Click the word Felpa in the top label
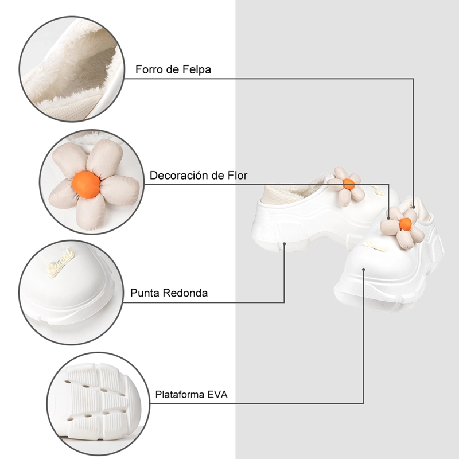click(x=196, y=69)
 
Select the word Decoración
click(x=178, y=176)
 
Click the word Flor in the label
click(x=238, y=176)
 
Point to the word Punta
click(x=145, y=293)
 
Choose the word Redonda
click(x=185, y=293)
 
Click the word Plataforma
click(x=180, y=394)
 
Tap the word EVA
click(x=217, y=394)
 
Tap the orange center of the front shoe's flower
click(x=406, y=224)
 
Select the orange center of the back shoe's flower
click(x=349, y=184)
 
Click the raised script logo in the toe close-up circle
click(x=61, y=263)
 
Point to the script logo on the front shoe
click(x=376, y=247)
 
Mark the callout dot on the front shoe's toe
click(x=364, y=269)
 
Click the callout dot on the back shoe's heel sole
click(x=284, y=243)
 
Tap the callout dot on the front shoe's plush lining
click(x=414, y=207)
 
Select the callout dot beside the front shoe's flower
click(x=388, y=218)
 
